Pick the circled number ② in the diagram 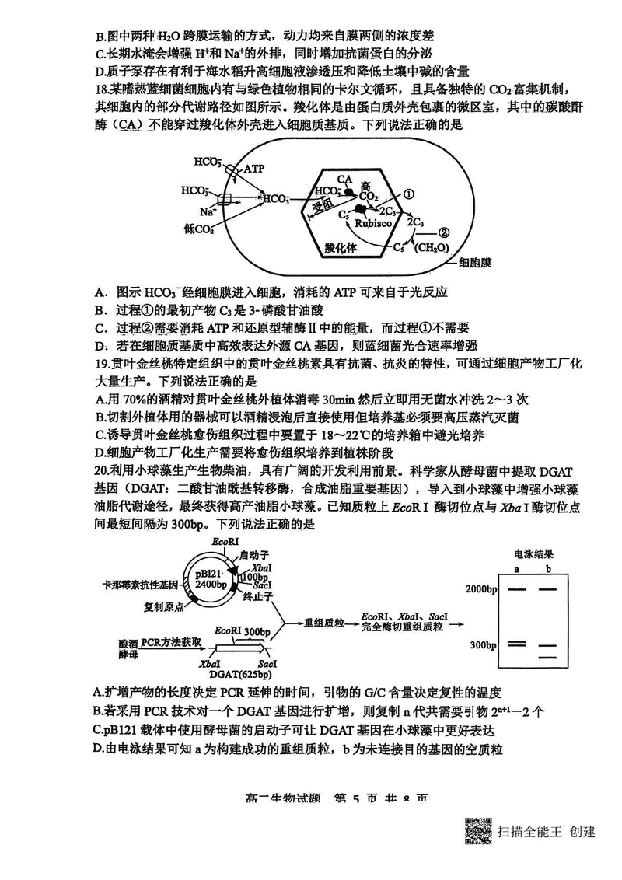pos(444,231)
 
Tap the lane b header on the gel pos(548,570)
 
